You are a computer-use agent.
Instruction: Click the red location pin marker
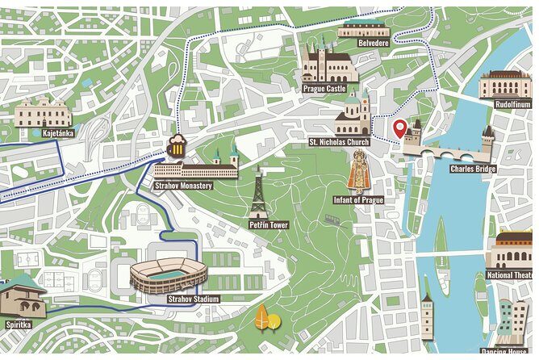[399, 128]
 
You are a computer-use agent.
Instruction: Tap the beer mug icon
[177, 145]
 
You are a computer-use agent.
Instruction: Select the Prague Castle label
[324, 89]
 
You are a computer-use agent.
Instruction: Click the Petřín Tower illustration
[258, 194]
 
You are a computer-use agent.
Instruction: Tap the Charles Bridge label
[473, 170]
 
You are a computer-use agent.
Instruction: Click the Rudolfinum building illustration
[506, 84]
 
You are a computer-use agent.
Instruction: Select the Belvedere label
[374, 42]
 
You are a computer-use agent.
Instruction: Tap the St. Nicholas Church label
[339, 142]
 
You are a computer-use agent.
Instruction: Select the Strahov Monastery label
[183, 186]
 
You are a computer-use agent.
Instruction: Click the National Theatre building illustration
[513, 252]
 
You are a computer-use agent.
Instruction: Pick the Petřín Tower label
[269, 225]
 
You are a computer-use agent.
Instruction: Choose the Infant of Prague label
[357, 199]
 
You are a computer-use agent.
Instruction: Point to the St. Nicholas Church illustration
[353, 115]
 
